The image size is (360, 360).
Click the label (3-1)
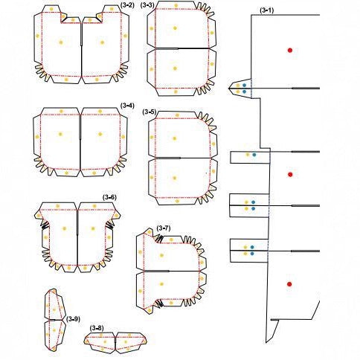pyautogui.click(x=267, y=10)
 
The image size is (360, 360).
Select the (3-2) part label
pyautogui.click(x=127, y=5)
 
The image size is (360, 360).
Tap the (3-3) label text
pyautogui.click(x=147, y=5)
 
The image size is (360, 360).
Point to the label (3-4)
pyautogui.click(x=127, y=106)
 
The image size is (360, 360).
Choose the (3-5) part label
pyautogui.click(x=150, y=112)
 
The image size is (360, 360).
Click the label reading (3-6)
pyautogui.click(x=109, y=197)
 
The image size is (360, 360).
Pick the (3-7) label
pyautogui.click(x=164, y=228)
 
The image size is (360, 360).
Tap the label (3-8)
pyautogui.click(x=97, y=328)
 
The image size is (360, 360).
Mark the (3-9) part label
pyautogui.click(x=73, y=319)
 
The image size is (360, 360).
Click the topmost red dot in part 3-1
pyautogui.click(x=290, y=51)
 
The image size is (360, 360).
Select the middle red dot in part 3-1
pyautogui.click(x=290, y=174)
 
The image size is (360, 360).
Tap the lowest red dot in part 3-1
pyautogui.click(x=289, y=284)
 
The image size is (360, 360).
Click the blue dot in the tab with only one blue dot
pyautogui.click(x=254, y=155)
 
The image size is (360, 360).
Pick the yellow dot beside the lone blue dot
pyautogui.click(x=248, y=155)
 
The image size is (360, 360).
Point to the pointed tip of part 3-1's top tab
pyautogui.click(x=228, y=89)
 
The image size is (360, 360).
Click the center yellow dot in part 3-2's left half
pyautogui.click(x=61, y=42)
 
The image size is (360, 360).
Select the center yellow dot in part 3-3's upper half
pyautogui.click(x=175, y=28)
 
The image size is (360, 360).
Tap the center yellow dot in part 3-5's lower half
pyautogui.click(x=175, y=178)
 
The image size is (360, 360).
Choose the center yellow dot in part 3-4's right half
pyautogui.click(x=100, y=134)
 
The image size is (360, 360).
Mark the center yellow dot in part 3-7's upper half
pyautogui.click(x=161, y=255)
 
